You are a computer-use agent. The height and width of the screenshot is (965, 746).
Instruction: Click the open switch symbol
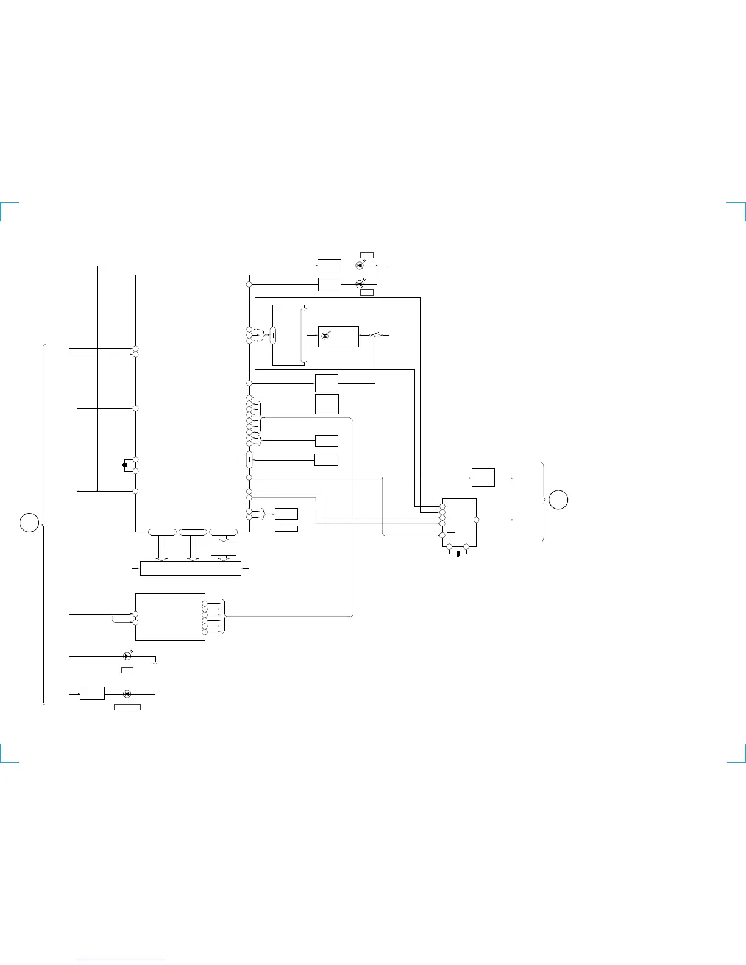pyautogui.click(x=375, y=335)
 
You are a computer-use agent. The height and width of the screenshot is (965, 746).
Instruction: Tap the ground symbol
pyautogui.click(x=156, y=662)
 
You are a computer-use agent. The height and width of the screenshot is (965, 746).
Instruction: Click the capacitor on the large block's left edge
pyautogui.click(x=125, y=465)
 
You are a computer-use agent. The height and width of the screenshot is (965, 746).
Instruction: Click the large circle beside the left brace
pyautogui.click(x=29, y=523)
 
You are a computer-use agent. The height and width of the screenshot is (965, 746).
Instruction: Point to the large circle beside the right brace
pyautogui.click(x=558, y=500)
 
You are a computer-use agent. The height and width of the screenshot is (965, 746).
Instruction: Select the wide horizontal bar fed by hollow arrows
pyautogui.click(x=191, y=568)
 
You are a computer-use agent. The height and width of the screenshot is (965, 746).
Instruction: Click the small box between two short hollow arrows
pyautogui.click(x=223, y=548)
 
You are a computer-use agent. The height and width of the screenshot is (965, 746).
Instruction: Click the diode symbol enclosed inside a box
pyautogui.click(x=325, y=336)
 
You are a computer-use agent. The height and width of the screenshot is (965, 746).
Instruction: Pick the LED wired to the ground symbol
pyautogui.click(x=127, y=656)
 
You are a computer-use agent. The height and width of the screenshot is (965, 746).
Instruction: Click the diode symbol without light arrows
pyautogui.click(x=127, y=693)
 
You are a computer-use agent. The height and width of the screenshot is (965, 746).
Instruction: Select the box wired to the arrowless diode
pyautogui.click(x=93, y=693)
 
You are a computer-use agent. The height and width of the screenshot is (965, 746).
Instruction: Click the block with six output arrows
pyautogui.click(x=170, y=617)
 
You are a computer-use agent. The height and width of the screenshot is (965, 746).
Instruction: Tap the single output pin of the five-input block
pyautogui.click(x=477, y=520)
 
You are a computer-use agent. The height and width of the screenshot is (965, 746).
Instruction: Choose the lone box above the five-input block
pyautogui.click(x=483, y=478)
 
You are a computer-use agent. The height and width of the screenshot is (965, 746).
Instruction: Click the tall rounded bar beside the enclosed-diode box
pyautogui.click(x=304, y=336)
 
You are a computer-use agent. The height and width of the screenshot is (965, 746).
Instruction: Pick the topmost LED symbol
pyautogui.click(x=360, y=266)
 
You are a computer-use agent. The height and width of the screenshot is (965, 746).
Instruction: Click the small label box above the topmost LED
pyautogui.click(x=366, y=255)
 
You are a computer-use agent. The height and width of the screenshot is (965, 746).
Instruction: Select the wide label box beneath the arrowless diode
pyautogui.click(x=127, y=707)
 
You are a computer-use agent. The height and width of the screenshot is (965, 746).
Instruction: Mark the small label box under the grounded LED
pyautogui.click(x=127, y=670)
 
